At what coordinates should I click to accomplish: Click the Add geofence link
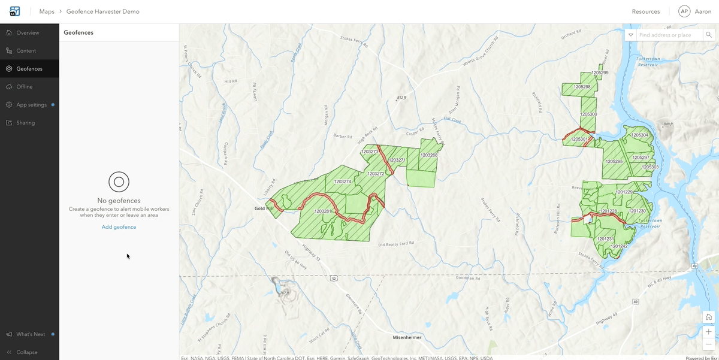[119, 227]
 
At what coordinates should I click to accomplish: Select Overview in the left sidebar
[28, 33]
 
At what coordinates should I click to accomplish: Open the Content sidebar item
[26, 51]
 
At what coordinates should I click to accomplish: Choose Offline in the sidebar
[25, 87]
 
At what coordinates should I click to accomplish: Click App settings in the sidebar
[31, 105]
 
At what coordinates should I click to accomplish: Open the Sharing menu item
[25, 123]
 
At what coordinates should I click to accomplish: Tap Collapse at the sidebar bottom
[26, 352]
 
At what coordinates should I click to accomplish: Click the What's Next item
[31, 334]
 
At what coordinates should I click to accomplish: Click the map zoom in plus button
[709, 331]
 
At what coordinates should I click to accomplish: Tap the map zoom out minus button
[709, 344]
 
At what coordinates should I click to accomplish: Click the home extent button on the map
[709, 317]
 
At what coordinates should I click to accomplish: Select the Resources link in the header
[646, 11]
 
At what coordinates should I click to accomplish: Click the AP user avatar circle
[684, 11]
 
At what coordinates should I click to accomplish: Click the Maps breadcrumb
[47, 11]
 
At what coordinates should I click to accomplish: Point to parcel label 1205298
[582, 87]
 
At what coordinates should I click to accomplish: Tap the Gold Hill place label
[264, 208]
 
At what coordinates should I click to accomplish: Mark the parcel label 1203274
[343, 181]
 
